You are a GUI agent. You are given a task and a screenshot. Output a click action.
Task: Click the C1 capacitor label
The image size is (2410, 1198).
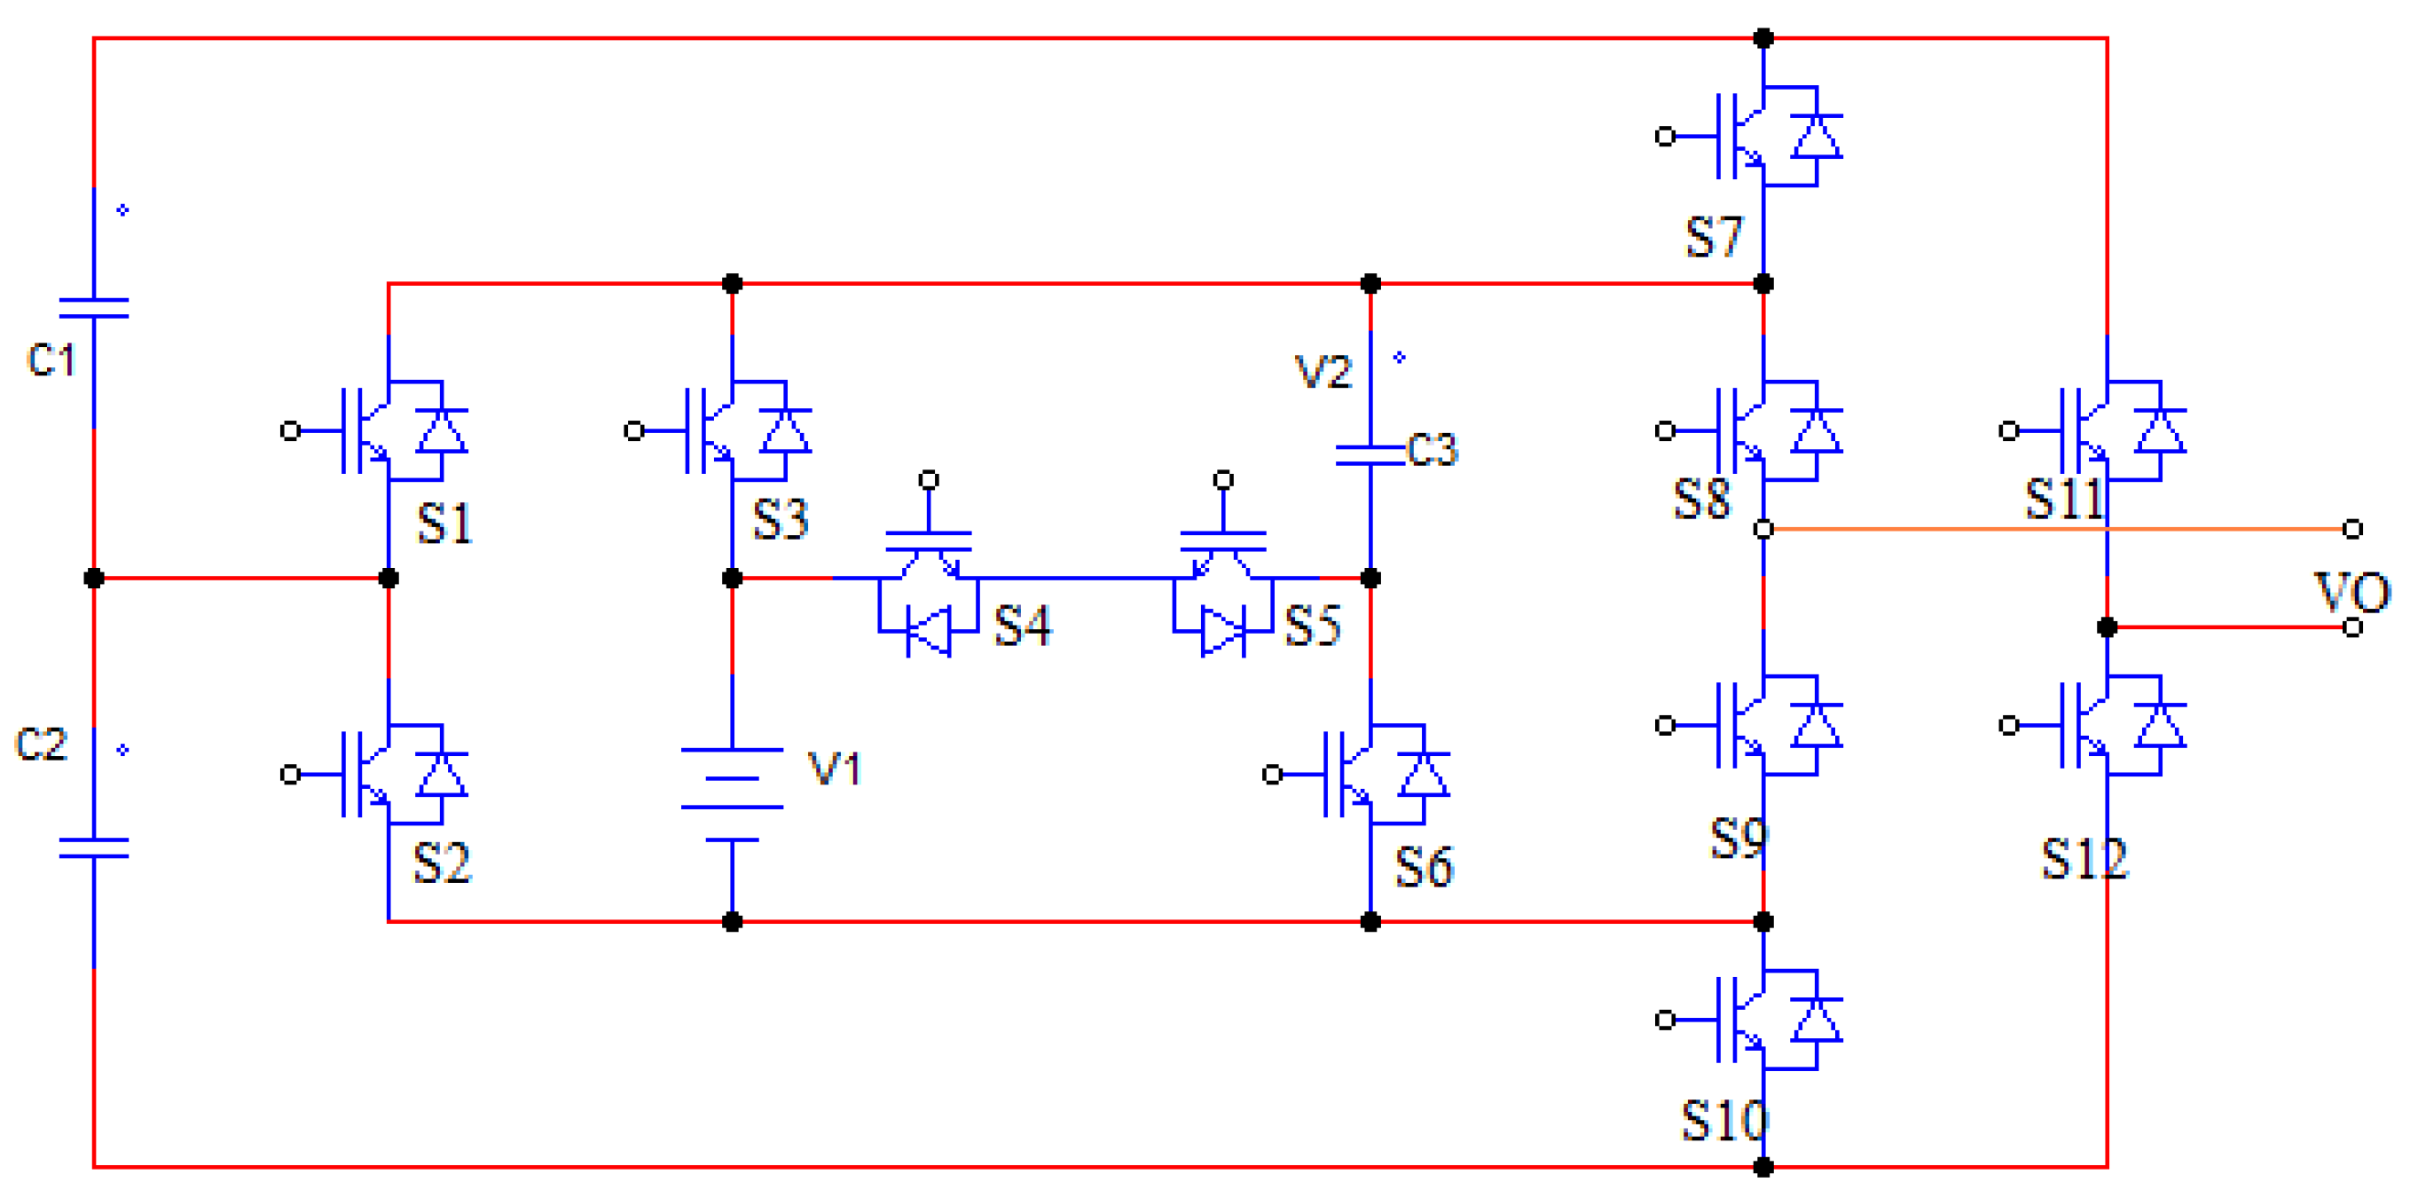pos(51,360)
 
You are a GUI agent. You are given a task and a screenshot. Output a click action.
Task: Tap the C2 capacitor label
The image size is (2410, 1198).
pos(41,744)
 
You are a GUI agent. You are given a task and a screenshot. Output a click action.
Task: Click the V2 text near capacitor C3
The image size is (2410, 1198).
pos(1323,373)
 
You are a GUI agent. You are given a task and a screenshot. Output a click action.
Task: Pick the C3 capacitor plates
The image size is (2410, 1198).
pos(1370,455)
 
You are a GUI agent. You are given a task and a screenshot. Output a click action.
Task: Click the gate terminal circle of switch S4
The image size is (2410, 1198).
pos(928,480)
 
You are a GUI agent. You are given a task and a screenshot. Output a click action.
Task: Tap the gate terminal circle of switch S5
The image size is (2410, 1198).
pos(1223,480)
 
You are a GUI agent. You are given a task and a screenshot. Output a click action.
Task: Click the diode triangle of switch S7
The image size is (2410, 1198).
pos(1816,138)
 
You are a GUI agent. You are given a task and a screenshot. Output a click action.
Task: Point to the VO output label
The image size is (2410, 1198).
pos(2352,593)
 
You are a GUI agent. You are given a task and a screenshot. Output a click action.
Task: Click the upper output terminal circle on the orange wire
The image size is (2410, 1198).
pos(2352,529)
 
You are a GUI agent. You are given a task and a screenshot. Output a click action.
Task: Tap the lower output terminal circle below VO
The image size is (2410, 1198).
pos(2352,627)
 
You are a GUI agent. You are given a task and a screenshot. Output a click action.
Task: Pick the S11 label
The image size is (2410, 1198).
pos(2064,498)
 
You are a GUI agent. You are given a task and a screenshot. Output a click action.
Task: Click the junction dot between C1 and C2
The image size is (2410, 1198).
pos(93,579)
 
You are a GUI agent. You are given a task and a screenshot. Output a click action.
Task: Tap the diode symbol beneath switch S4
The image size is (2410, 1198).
pos(928,631)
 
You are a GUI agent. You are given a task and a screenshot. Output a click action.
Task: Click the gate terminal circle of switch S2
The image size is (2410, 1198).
pos(290,774)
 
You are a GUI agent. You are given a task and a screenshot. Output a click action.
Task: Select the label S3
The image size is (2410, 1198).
pos(781,518)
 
